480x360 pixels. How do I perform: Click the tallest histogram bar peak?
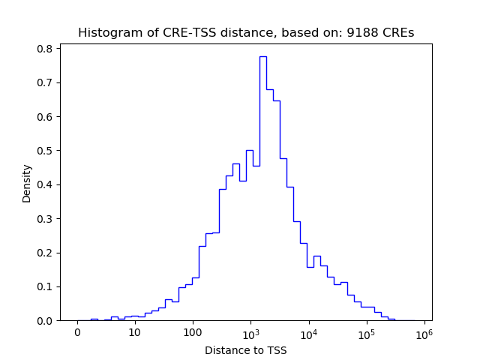coord(263,57)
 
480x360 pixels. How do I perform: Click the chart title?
coord(246,33)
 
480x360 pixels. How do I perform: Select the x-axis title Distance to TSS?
coord(246,349)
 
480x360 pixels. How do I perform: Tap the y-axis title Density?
coord(27,184)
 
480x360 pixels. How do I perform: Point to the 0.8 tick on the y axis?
coord(45,49)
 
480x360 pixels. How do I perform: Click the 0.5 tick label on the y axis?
coord(45,151)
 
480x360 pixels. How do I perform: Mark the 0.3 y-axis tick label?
coord(45,219)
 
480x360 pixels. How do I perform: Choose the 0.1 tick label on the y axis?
coord(45,286)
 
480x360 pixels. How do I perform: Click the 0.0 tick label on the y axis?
coord(45,321)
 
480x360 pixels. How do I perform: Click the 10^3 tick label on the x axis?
coord(251,331)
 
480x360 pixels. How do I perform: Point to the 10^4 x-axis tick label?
coord(309,331)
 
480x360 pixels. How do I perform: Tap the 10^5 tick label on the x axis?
coord(367,331)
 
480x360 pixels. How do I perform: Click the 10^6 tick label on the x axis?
coord(424,331)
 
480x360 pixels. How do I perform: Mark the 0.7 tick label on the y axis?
coord(45,82)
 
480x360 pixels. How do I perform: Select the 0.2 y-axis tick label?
coord(45,253)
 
